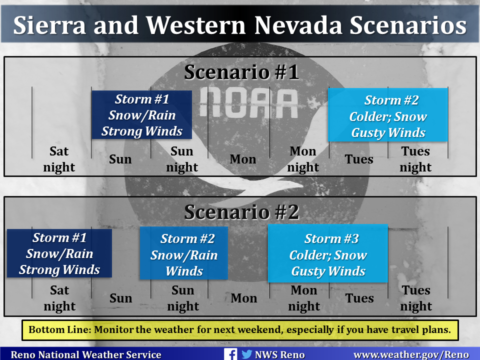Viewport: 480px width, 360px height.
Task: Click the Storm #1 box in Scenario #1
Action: click(141, 115)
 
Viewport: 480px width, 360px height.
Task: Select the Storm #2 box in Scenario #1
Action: click(388, 115)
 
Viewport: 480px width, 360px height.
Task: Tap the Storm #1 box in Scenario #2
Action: click(59, 253)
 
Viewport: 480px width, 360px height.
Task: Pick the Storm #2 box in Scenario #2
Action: click(183, 253)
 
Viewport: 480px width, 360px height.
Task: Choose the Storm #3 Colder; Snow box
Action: click(328, 253)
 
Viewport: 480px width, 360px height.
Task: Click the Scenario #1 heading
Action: click(241, 72)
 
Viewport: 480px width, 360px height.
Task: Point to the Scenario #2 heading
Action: click(241, 212)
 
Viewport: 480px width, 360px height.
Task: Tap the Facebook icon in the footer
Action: click(230, 354)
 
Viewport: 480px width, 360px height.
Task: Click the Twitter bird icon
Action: click(246, 354)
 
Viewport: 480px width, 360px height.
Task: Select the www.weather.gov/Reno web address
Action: click(411, 355)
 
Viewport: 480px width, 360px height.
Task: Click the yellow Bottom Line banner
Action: click(240, 330)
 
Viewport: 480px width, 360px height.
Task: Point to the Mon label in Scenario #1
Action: click(243, 159)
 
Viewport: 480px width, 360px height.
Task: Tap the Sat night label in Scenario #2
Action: click(59, 298)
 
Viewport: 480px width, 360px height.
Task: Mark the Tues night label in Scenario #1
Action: click(415, 159)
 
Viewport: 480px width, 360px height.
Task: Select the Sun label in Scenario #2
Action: click(121, 298)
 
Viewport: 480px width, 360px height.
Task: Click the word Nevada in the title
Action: click(298, 25)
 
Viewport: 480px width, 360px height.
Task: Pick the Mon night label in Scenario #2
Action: click(304, 298)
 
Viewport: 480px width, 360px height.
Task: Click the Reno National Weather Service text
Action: click(86, 355)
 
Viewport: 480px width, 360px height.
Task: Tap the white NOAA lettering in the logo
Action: click(248, 103)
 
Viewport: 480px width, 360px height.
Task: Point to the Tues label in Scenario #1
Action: click(359, 159)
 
